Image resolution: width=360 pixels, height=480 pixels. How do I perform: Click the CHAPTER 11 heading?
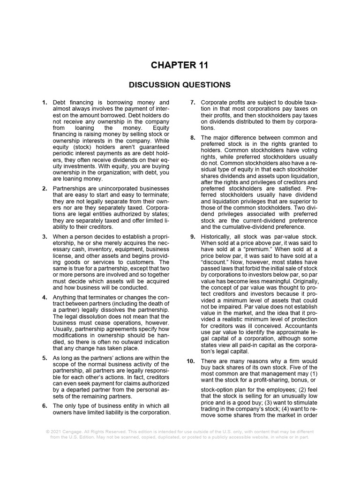(x=180, y=65)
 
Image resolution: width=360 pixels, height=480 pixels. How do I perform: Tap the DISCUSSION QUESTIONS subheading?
(x=180, y=85)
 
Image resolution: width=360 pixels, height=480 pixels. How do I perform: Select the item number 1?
(x=45, y=102)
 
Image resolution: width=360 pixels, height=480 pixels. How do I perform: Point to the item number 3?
(x=45, y=237)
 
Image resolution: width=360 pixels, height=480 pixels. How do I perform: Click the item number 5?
(x=45, y=358)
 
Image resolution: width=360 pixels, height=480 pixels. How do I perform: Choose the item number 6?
(x=45, y=405)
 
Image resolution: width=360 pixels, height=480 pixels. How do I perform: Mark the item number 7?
(x=193, y=102)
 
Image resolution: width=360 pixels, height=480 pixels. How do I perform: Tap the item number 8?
(x=193, y=138)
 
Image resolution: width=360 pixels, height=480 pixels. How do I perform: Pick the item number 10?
(x=192, y=361)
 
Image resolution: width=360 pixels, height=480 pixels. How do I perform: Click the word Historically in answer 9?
(x=218, y=237)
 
